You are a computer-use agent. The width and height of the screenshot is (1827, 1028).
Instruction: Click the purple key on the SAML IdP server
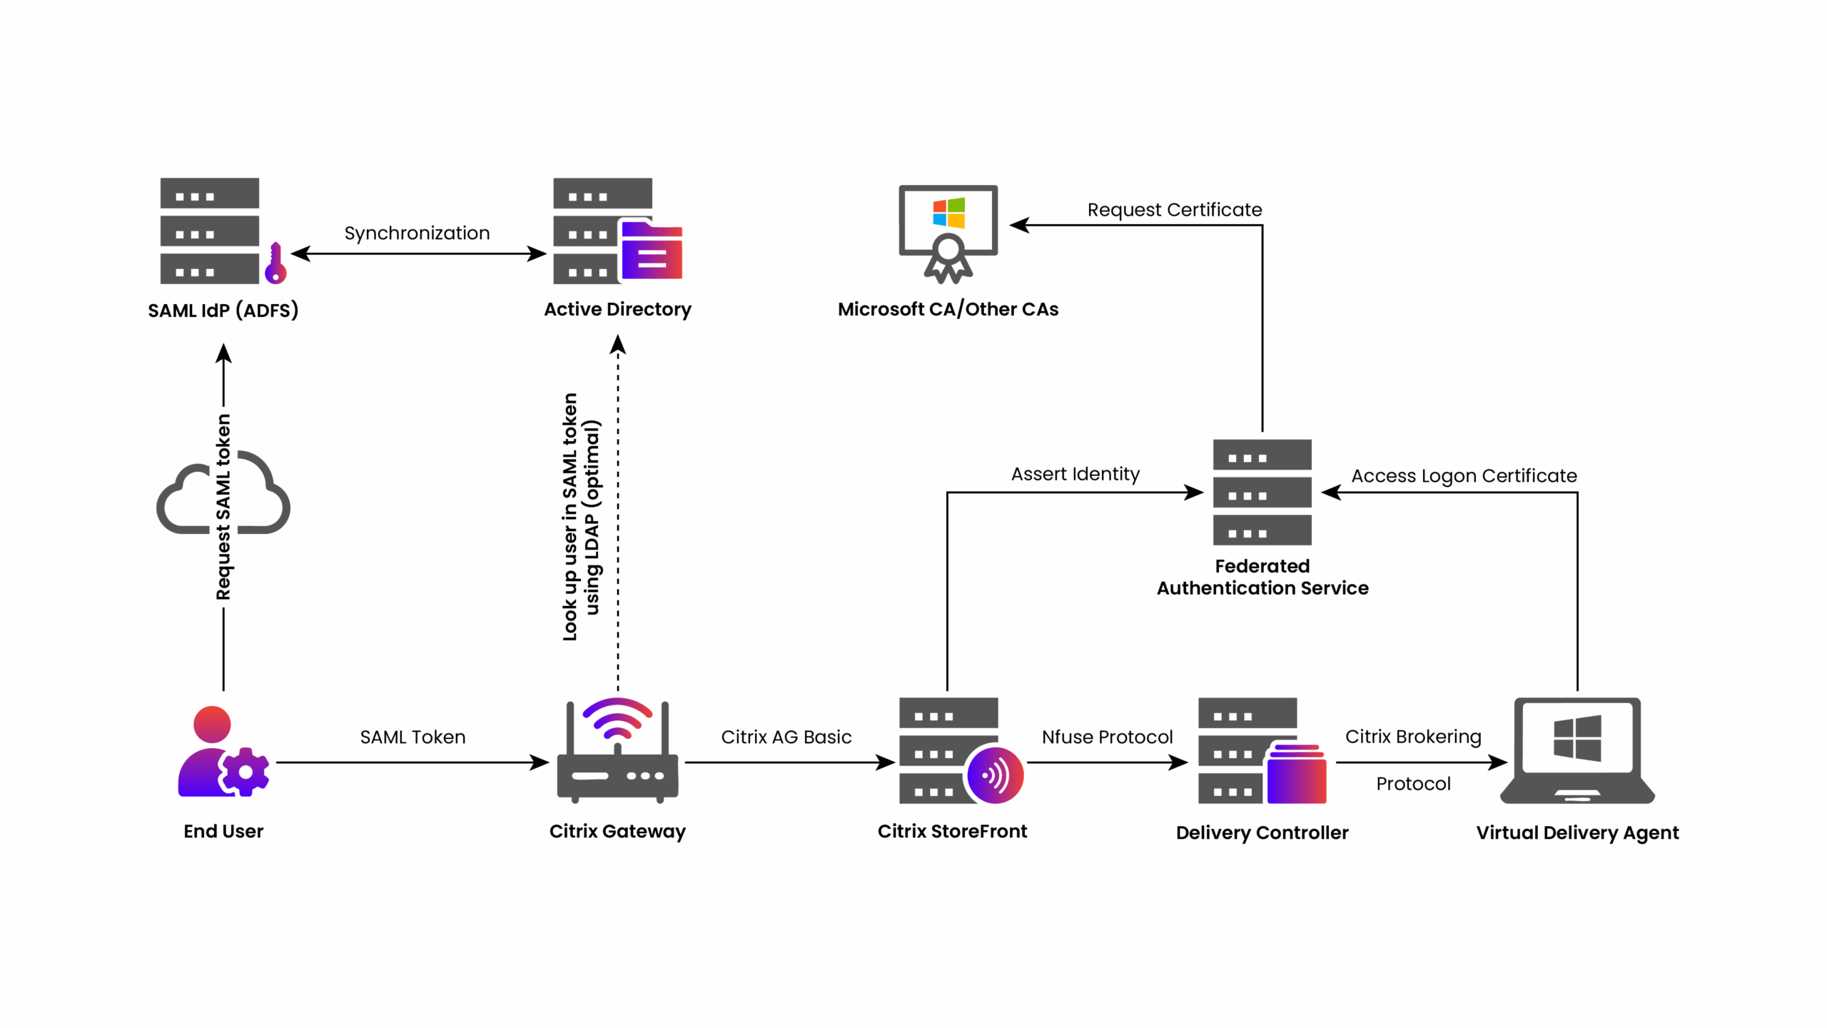coord(275,264)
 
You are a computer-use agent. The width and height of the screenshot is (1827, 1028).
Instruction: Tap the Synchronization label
coord(417,233)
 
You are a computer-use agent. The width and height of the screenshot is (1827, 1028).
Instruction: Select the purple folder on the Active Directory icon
coord(652,251)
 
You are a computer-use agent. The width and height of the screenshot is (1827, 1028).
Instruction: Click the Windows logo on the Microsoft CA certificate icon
coord(948,213)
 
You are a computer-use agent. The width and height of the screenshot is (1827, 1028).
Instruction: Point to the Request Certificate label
coord(1174,210)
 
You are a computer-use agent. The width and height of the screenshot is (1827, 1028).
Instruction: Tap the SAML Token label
coord(413,737)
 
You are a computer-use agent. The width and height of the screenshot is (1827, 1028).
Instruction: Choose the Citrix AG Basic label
coord(786,737)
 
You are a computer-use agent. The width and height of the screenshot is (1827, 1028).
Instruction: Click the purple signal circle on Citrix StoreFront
coord(995,775)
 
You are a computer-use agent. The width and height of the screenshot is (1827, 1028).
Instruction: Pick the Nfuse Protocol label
coord(1107,737)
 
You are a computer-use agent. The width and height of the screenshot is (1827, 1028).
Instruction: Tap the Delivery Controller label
coord(1262,832)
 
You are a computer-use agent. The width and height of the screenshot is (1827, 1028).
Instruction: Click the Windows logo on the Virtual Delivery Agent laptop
coord(1577,738)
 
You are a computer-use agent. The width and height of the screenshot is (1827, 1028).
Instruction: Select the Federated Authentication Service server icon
coord(1262,493)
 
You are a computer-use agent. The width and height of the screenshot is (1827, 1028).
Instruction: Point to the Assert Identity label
coord(1075,474)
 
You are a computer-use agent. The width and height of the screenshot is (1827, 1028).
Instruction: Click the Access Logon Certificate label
coord(1464,475)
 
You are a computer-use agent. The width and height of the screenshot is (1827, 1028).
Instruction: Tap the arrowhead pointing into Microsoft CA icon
coord(1019,226)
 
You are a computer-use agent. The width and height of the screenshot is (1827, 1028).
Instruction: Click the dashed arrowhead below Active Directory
coord(618,346)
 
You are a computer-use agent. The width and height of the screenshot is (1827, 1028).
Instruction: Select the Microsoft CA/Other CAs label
coord(948,309)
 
